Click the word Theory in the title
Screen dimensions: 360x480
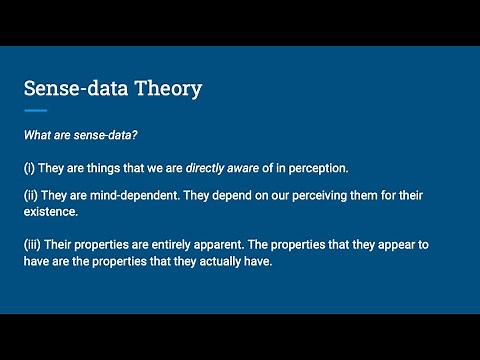(x=168, y=88)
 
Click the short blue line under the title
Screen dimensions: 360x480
(x=35, y=110)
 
